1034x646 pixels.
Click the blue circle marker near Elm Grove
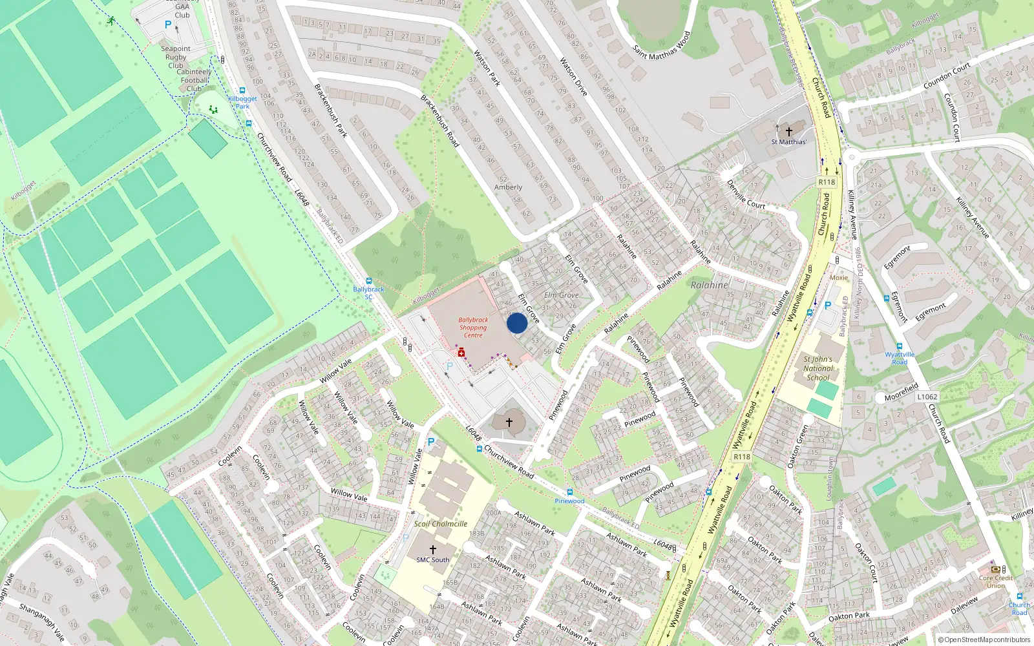coord(517,323)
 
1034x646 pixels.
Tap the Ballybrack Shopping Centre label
coord(473,328)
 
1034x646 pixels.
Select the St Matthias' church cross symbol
coord(789,131)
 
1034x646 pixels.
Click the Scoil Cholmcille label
coord(440,524)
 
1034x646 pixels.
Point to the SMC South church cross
coord(433,549)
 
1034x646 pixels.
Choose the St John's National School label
coord(818,368)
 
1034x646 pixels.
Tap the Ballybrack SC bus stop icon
coord(369,281)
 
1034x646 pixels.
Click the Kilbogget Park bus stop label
coord(242,102)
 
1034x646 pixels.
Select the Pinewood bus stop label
coord(569,501)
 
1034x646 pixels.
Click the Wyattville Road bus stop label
coord(900,358)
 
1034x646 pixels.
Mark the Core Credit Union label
coord(996,581)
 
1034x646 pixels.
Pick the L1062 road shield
coord(927,397)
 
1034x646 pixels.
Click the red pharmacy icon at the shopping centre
coord(461,353)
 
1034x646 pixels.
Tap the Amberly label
coord(508,187)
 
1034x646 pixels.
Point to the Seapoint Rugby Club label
coord(175,57)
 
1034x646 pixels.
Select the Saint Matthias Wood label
coord(661,45)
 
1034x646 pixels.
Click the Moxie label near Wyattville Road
coord(838,278)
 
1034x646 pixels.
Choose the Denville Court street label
coord(746,194)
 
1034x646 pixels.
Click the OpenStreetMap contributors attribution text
coord(984,640)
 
